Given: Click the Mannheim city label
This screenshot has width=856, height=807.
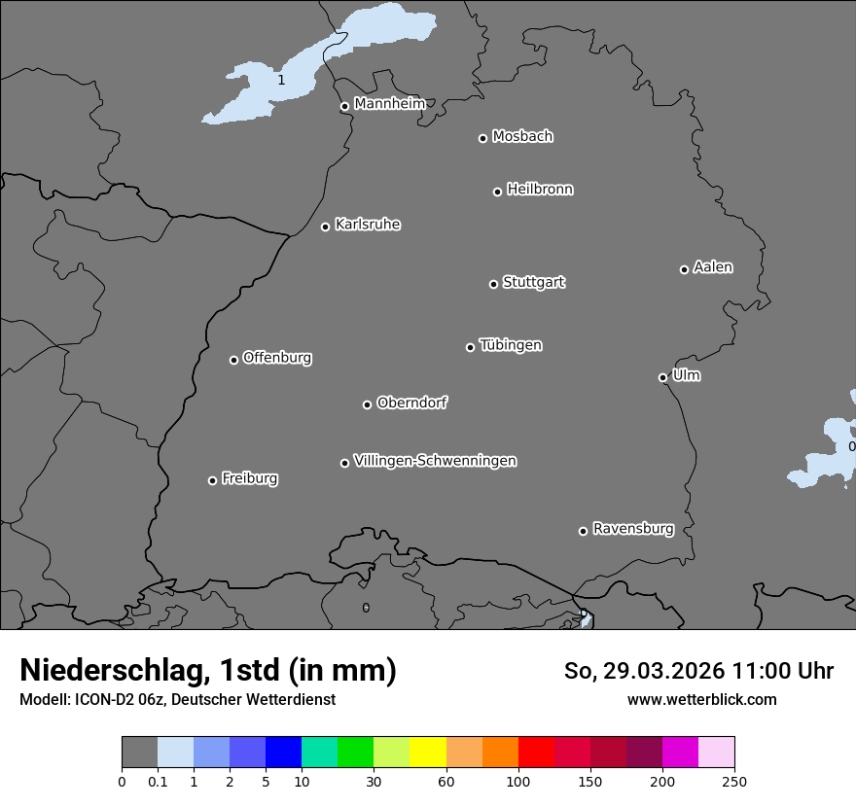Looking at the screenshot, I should tap(389, 103).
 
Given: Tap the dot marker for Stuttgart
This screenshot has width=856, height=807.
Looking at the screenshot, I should tap(493, 284).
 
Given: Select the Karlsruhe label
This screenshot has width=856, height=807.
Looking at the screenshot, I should tap(368, 225).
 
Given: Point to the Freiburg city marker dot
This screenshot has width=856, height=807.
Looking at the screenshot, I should tap(212, 480).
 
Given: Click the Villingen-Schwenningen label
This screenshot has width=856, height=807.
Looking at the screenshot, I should tap(435, 461).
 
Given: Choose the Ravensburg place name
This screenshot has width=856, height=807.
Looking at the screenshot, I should tap(633, 529).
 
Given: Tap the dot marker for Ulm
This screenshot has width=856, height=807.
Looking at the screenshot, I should tap(662, 377).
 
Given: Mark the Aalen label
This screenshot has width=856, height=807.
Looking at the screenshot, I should tap(713, 267).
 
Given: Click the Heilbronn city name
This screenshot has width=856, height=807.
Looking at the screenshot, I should tap(540, 190).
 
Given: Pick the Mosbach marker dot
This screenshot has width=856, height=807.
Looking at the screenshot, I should tap(482, 138).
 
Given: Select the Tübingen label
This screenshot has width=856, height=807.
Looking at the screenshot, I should tap(511, 345).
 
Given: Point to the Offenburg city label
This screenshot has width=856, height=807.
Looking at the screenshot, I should tap(277, 358).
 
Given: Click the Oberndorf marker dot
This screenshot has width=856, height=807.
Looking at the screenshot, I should tap(367, 404).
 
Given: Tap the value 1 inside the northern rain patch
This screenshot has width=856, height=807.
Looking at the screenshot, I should tap(281, 80).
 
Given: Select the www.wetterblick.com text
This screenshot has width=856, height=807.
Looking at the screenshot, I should tap(701, 699).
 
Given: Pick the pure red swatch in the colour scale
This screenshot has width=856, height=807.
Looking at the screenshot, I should tap(536, 753).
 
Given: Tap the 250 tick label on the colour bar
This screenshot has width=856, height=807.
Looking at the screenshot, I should tap(734, 781).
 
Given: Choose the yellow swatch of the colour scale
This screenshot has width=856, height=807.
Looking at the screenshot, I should tap(428, 753).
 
